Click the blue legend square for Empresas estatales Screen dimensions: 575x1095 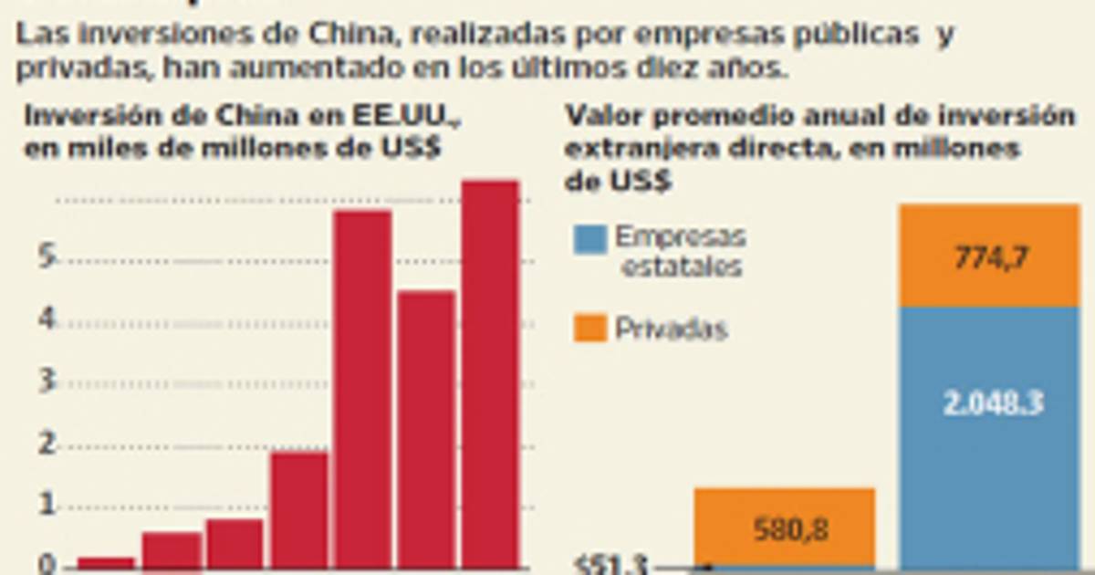(589, 239)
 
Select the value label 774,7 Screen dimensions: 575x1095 (990, 258)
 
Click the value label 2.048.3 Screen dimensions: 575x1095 (993, 403)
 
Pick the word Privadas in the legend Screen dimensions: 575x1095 (671, 329)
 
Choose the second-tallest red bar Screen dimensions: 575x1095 (362, 387)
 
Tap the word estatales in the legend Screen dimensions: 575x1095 (681, 267)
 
